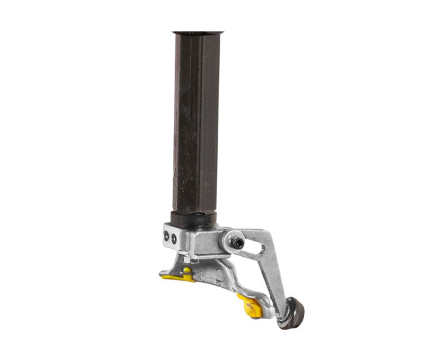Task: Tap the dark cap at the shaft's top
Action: pos(197,32)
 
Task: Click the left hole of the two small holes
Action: pos(167,238)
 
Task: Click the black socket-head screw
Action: pos(237,243)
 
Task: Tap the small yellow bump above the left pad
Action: pos(188,269)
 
